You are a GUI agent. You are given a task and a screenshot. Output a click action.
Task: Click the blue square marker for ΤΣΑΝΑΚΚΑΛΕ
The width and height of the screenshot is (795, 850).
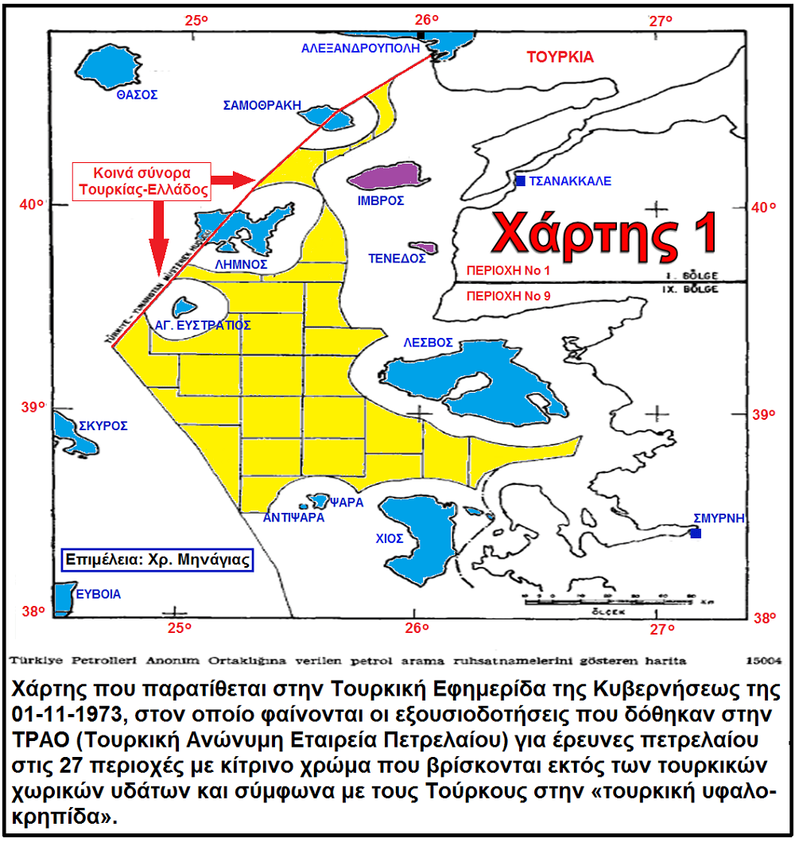(520, 181)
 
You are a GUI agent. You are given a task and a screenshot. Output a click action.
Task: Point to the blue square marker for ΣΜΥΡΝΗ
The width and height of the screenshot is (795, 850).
(696, 533)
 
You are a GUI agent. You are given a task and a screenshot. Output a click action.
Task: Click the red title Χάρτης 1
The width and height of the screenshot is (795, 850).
(603, 232)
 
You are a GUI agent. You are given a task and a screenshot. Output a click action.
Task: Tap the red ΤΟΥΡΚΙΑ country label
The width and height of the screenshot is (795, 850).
(560, 57)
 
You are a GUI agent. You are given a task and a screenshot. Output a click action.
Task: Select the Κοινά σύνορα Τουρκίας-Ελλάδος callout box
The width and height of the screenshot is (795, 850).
(141, 181)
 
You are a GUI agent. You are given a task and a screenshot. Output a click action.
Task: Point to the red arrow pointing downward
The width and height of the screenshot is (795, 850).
(157, 239)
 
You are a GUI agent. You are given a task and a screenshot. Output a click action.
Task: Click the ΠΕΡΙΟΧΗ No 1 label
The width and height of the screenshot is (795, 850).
(509, 270)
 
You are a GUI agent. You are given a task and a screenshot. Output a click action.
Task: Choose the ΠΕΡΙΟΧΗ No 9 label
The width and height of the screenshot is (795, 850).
(509, 295)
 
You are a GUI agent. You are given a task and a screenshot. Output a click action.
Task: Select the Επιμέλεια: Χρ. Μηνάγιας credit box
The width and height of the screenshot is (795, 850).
(158, 559)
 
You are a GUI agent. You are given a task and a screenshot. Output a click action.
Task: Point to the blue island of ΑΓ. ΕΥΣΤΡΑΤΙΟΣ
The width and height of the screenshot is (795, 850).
(185, 306)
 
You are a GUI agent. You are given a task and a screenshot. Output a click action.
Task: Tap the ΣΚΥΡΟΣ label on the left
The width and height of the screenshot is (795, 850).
(103, 426)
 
